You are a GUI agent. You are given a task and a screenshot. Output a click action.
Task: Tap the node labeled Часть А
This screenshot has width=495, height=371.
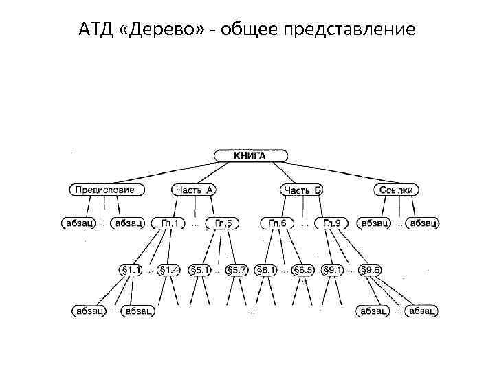pos(194,190)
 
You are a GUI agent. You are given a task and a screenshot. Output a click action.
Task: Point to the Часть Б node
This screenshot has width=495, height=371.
pos(302,190)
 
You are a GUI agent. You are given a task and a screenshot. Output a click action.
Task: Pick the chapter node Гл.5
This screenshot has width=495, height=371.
pos(223,223)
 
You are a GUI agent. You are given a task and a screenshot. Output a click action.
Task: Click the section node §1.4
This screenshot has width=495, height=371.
pos(169,269)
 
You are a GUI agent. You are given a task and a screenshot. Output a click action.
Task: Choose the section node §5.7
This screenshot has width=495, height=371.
pos(237,269)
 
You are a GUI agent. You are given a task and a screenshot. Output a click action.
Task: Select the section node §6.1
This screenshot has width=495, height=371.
pos(266,269)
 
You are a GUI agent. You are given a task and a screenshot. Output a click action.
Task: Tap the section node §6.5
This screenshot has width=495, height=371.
pos(302,269)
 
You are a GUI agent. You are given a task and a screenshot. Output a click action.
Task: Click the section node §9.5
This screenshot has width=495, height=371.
pos(370,269)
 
